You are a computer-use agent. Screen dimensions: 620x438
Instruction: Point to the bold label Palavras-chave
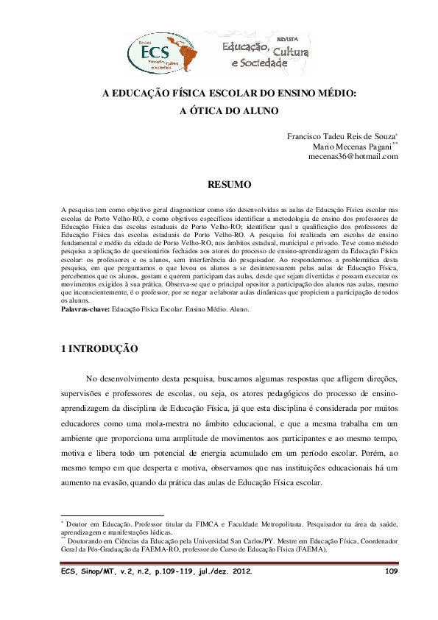point(84,310)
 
